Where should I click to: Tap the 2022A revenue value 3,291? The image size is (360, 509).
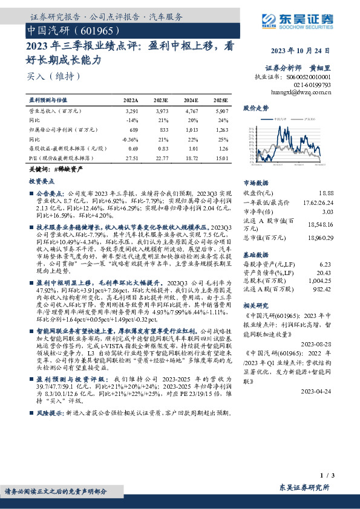tap(131, 111)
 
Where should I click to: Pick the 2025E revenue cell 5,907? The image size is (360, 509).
tap(221, 111)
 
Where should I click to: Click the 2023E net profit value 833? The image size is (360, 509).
tap(161, 129)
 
